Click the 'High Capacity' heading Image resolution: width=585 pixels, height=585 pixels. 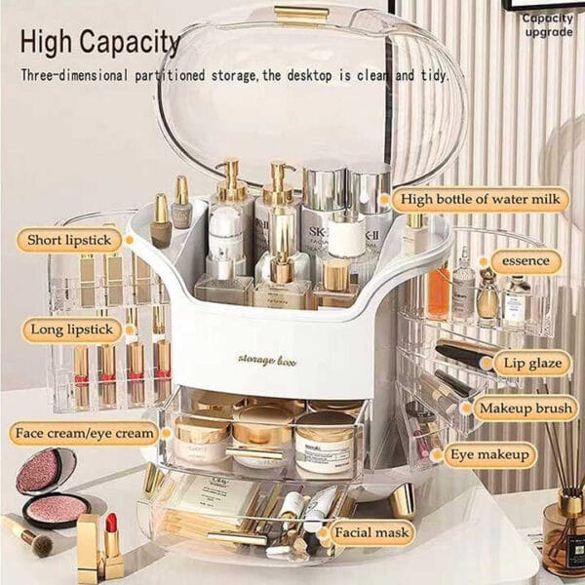[x=100, y=42]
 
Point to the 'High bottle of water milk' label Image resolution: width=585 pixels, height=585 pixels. [x=482, y=201]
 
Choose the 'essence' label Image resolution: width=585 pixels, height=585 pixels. [x=526, y=261]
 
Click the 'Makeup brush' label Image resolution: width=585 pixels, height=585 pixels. [x=524, y=409]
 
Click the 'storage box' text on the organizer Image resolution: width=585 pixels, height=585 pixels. [x=268, y=362]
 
